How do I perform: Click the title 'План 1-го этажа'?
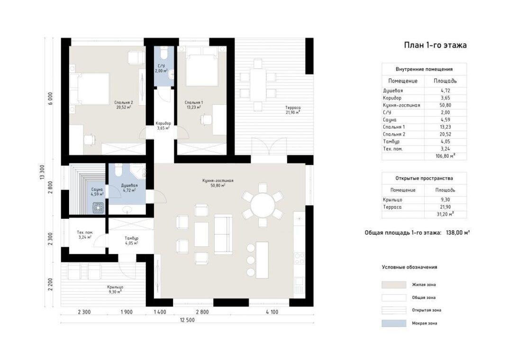[x=435, y=45]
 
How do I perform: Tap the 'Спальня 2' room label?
[x=124, y=102]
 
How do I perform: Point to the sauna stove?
[x=98, y=207]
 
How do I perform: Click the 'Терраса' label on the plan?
[x=293, y=108]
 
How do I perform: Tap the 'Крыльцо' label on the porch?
[x=115, y=287]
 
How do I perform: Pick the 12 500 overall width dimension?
[x=187, y=320]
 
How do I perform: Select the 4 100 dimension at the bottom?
[x=272, y=312]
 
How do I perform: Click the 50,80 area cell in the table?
[x=445, y=105]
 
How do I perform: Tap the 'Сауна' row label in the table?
[x=390, y=120]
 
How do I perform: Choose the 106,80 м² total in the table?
[x=445, y=156]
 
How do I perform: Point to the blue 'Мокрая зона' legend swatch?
[x=394, y=323]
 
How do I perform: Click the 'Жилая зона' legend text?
[x=424, y=285]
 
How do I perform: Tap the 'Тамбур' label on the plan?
[x=131, y=238]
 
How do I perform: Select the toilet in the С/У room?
[x=164, y=52]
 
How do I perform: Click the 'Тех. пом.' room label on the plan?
[x=85, y=233]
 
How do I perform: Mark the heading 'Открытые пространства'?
[x=424, y=179]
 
